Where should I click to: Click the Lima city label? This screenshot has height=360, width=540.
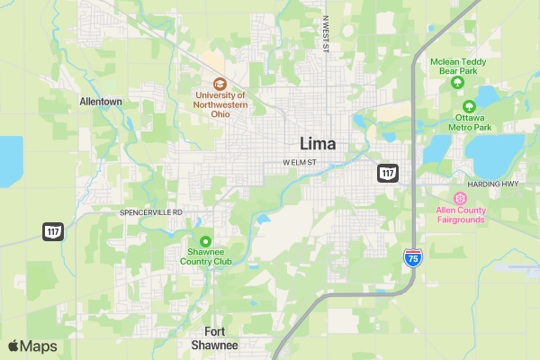pos(318,144)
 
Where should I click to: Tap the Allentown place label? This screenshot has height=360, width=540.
pos(101,102)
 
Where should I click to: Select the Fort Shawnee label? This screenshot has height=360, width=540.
pos(215,338)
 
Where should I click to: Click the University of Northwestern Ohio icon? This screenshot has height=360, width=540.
pos(219,83)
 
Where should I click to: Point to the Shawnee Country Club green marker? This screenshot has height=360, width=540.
pos(205,241)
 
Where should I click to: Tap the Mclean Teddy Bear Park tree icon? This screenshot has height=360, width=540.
pos(457,83)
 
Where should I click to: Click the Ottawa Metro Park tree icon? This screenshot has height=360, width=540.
pos(468,106)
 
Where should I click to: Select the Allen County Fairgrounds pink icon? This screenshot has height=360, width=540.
pos(460,198)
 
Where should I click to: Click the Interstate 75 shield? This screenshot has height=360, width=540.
pos(412,258)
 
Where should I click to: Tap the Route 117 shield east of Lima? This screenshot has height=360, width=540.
pos(388,172)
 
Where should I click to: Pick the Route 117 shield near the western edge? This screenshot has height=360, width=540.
pos(53,231)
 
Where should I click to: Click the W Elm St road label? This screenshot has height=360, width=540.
pos(300,163)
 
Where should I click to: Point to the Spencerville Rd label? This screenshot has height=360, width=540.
pos(151,212)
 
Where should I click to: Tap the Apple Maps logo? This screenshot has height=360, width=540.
pos(32,346)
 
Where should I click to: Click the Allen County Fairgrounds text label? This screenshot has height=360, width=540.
pos(460,214)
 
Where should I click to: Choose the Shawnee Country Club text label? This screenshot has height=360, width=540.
pos(205,256)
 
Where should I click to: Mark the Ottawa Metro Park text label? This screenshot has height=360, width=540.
pos(473,122)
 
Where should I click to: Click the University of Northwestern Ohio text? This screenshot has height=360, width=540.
pos(219,104)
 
